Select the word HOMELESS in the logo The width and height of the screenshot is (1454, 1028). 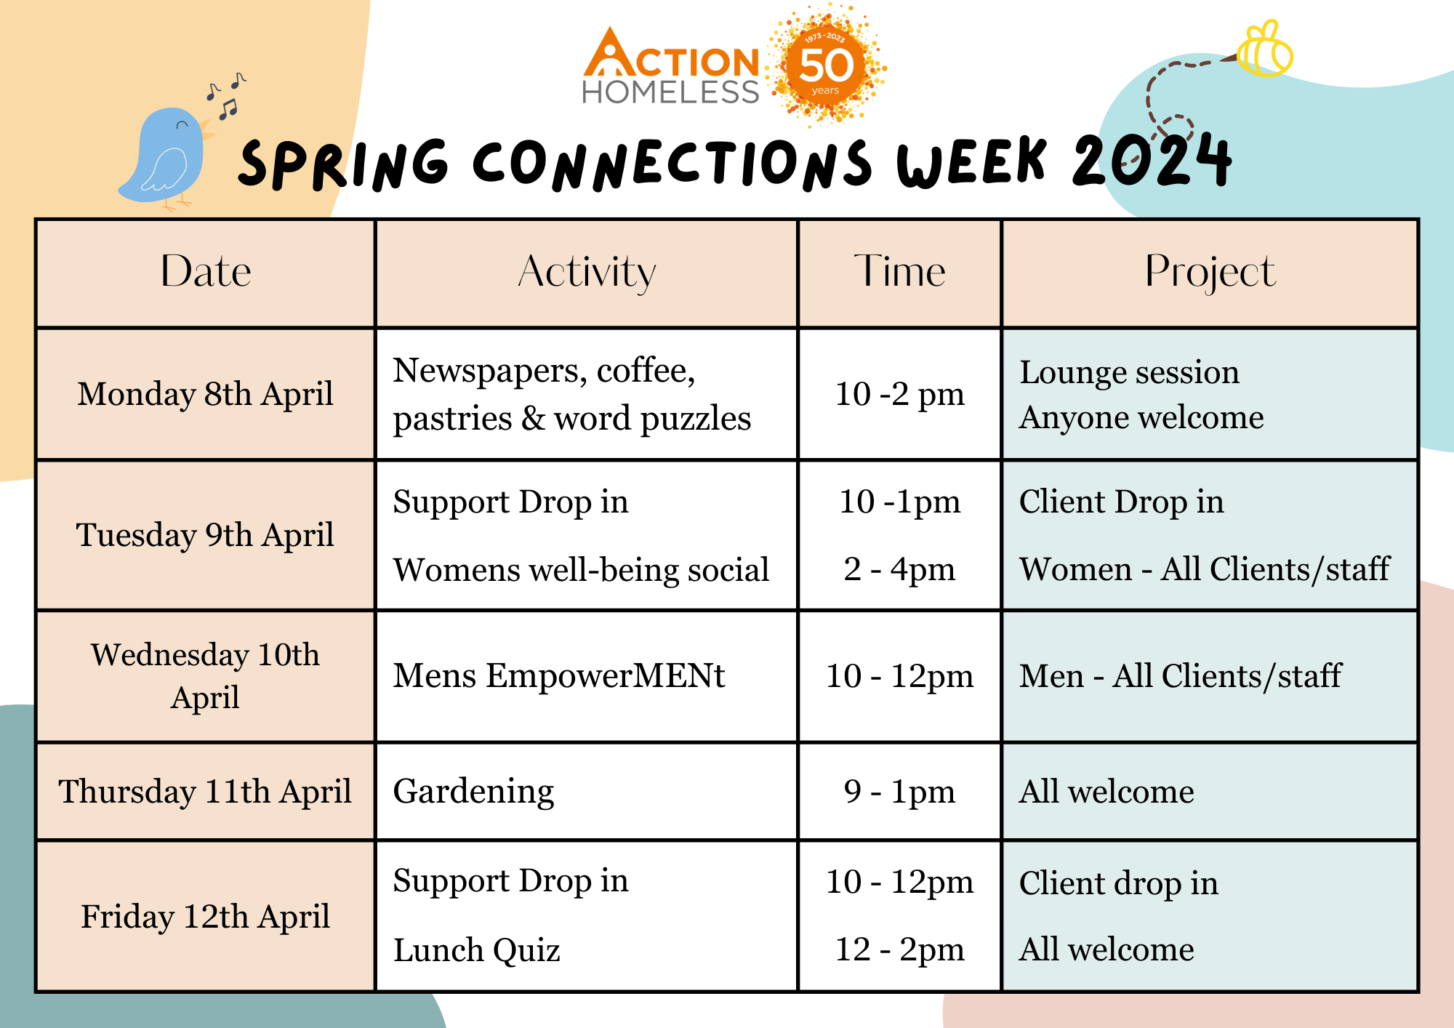tap(670, 92)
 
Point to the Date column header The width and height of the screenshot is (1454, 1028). tap(206, 272)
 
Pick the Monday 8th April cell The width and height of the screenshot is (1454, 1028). tap(206, 394)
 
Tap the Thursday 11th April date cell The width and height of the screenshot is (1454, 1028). tap(206, 791)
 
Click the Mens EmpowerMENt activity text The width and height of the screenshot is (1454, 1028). tap(559, 676)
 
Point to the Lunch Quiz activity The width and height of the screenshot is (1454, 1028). tap(477, 950)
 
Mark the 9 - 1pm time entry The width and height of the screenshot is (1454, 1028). tap(899, 792)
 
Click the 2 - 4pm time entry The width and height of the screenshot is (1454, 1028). tap(899, 569)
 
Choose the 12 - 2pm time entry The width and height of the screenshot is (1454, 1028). tap(899, 949)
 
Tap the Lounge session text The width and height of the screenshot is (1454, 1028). tap(1129, 372)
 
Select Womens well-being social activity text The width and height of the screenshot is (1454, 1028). tap(581, 570)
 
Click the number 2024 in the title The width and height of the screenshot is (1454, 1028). tap(1152, 160)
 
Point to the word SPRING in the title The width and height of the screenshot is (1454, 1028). tap(343, 164)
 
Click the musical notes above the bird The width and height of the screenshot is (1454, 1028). tap(226, 95)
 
